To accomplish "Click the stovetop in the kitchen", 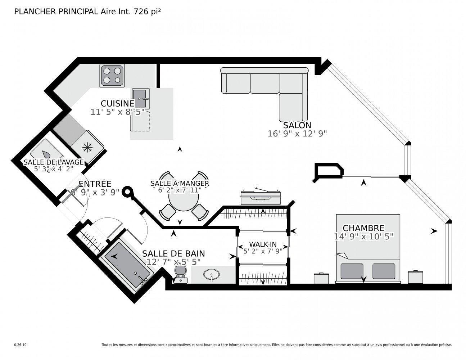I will click(112, 75).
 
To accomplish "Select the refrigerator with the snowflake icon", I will click(87, 146).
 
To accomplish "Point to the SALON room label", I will click(297, 125).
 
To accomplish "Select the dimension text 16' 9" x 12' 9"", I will click(297, 134).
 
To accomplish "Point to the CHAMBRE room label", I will click(363, 228).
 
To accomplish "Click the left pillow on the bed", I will click(352, 271).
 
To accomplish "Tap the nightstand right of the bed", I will click(415, 277).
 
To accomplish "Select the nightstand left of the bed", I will click(321, 278).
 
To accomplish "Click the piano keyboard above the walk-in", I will click(261, 197).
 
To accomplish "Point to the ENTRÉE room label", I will click(95, 184).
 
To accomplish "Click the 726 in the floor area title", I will click(141, 12).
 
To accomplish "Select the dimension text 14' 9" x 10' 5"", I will click(363, 237).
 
